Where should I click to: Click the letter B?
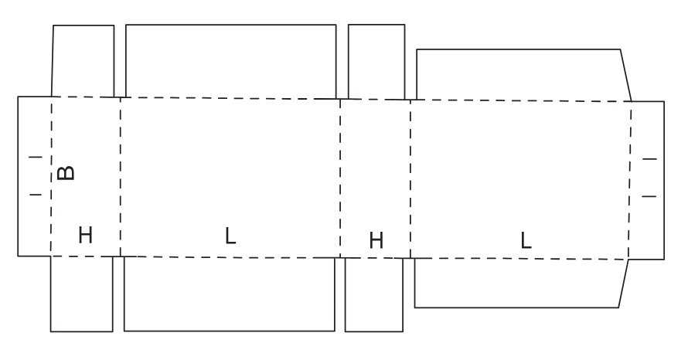tap(67, 172)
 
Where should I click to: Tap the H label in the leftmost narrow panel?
tap(85, 235)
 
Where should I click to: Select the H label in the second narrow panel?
tap(376, 240)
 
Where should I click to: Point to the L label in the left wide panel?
tap(230, 236)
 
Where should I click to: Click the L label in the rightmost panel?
tap(526, 240)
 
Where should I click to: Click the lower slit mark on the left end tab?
tap(35, 195)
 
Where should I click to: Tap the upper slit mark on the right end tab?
tap(649, 158)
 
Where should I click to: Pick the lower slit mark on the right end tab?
tap(649, 196)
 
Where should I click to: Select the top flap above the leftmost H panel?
tap(83, 61)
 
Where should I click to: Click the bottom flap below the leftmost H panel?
tap(82, 294)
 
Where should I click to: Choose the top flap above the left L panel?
tap(230, 61)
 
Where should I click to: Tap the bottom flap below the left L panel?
tap(230, 294)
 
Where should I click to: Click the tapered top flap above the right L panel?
tap(522, 75)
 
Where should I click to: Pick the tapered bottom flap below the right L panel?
tap(519, 283)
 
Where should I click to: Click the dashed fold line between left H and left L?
tap(121, 176)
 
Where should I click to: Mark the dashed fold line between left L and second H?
tap(340, 178)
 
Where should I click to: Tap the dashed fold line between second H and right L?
tap(410, 178)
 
